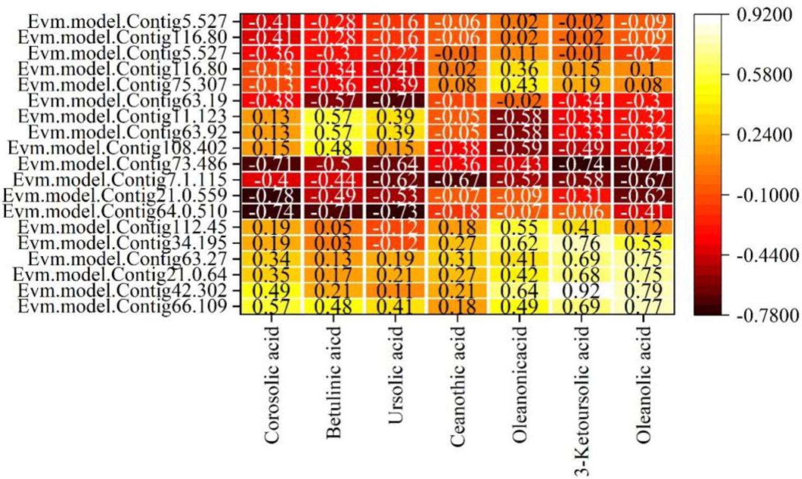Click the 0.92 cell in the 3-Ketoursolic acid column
tap(581, 290)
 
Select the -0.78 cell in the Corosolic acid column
tap(270, 196)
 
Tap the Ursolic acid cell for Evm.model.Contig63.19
tap(395, 100)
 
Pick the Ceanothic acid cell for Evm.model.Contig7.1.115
tap(457, 180)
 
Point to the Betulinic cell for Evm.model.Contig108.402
tap(332, 148)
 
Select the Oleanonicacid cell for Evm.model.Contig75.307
tap(519, 84)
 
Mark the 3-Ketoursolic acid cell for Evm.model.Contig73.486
tap(581, 164)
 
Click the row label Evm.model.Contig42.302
tap(122, 290)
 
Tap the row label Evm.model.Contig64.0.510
tap(115, 211)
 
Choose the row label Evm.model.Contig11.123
tap(122, 116)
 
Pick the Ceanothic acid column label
tap(457, 386)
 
